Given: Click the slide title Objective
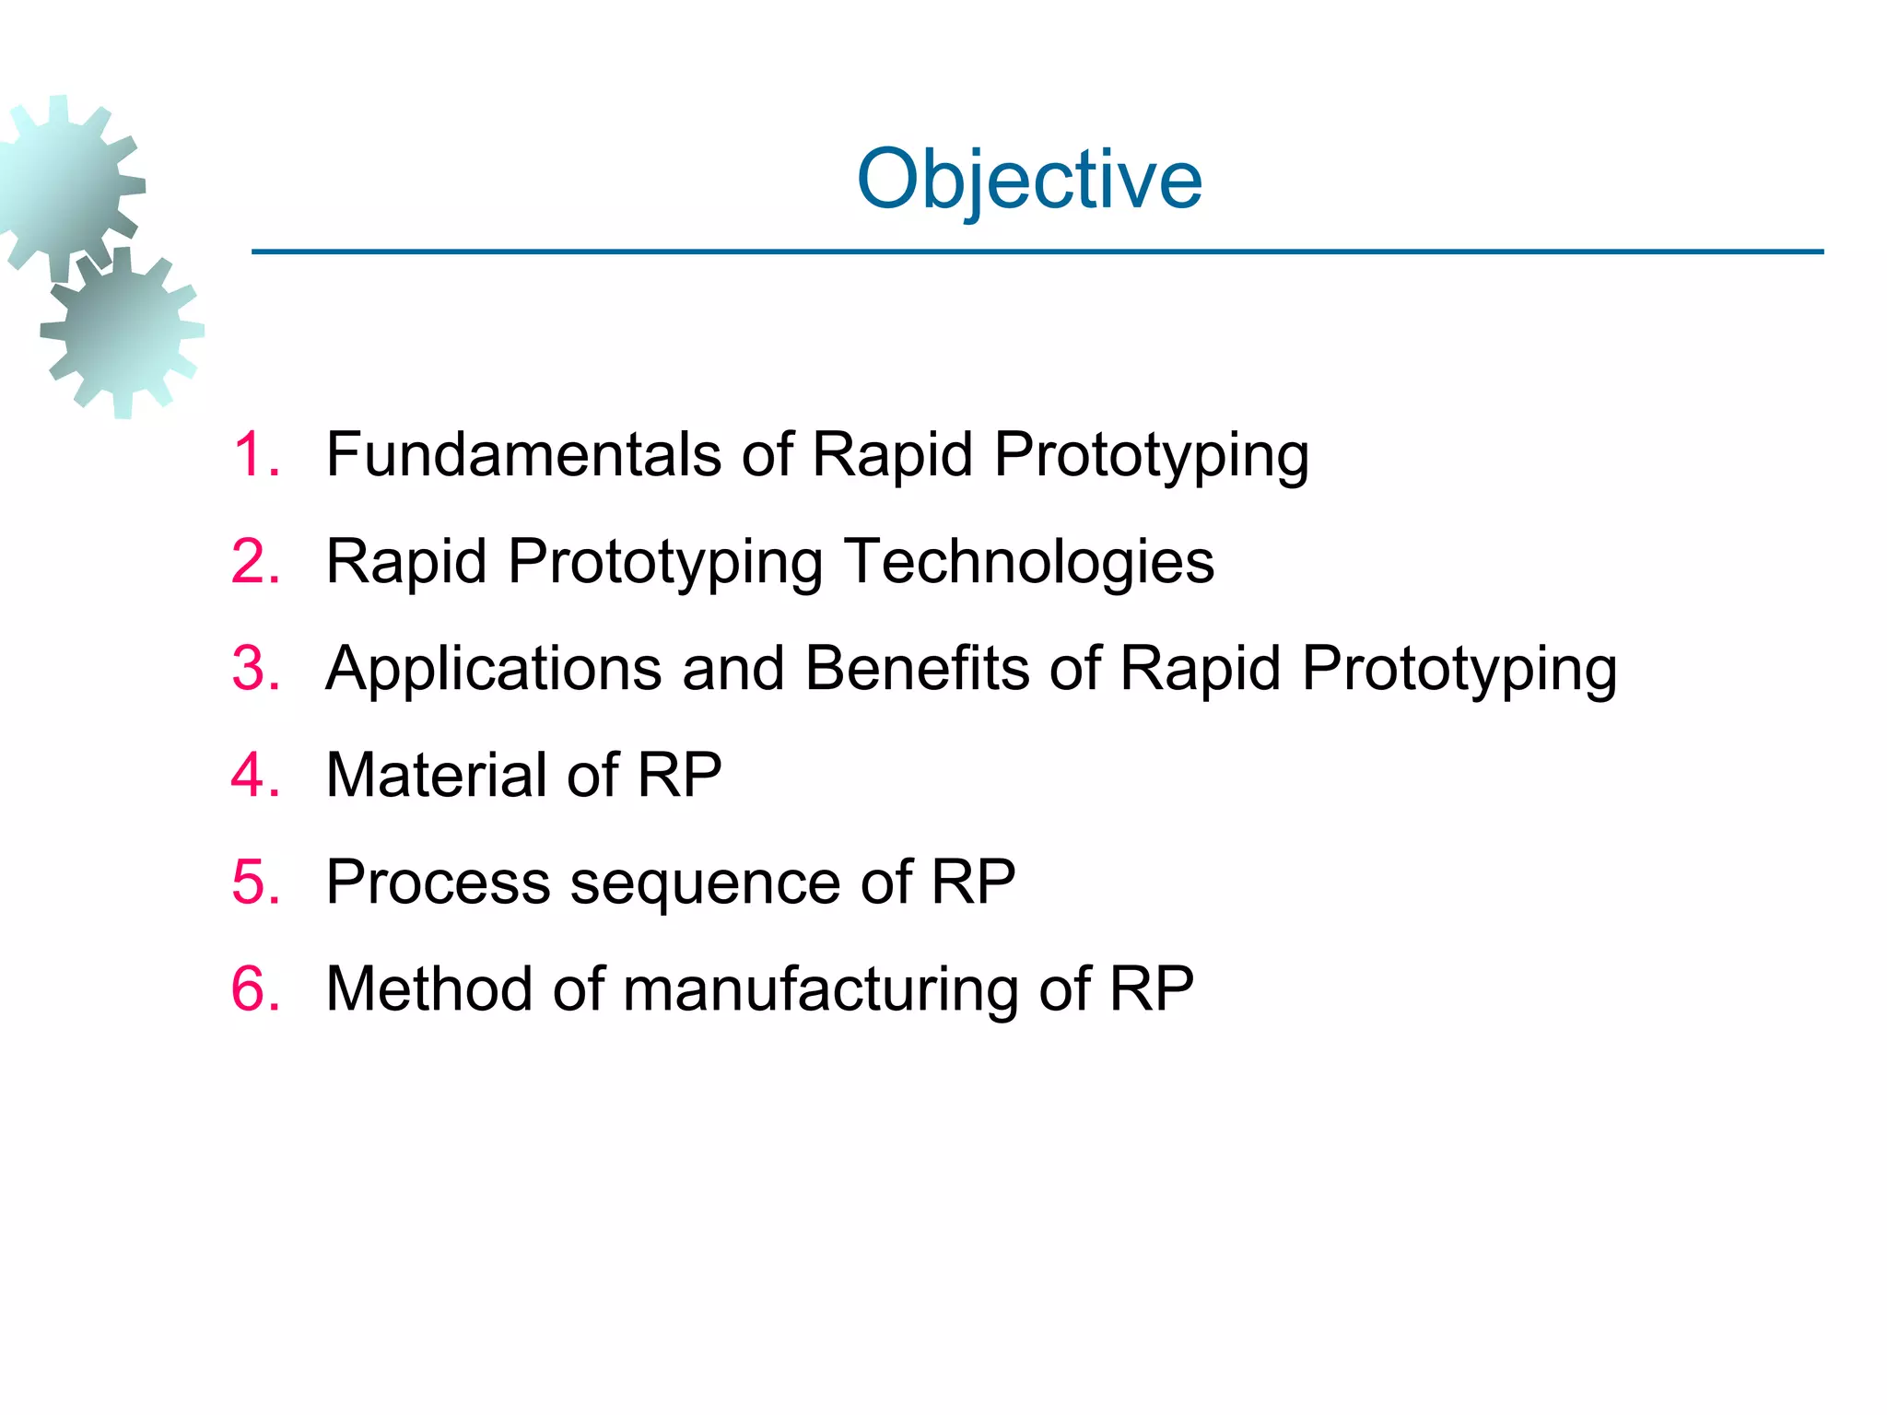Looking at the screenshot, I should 1029,179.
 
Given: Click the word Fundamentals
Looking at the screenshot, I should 523,455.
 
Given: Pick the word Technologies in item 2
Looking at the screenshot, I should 1029,562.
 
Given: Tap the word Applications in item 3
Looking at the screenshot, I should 494,669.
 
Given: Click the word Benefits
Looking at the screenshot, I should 918,669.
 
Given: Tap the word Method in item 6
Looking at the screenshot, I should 429,989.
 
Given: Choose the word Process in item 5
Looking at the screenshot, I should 439,883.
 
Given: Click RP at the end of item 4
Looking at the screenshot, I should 679,776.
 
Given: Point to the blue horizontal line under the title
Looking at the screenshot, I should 1037,251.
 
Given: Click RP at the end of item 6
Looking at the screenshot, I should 1151,989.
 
